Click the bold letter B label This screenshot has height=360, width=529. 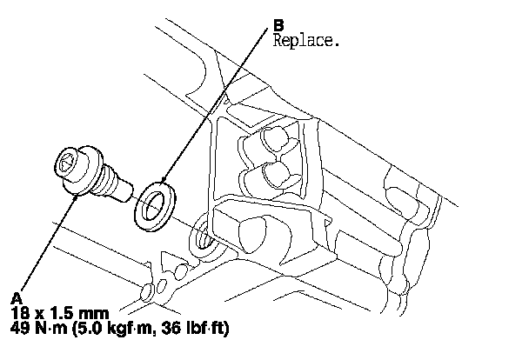click(x=278, y=27)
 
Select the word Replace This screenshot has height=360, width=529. click(x=304, y=40)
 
